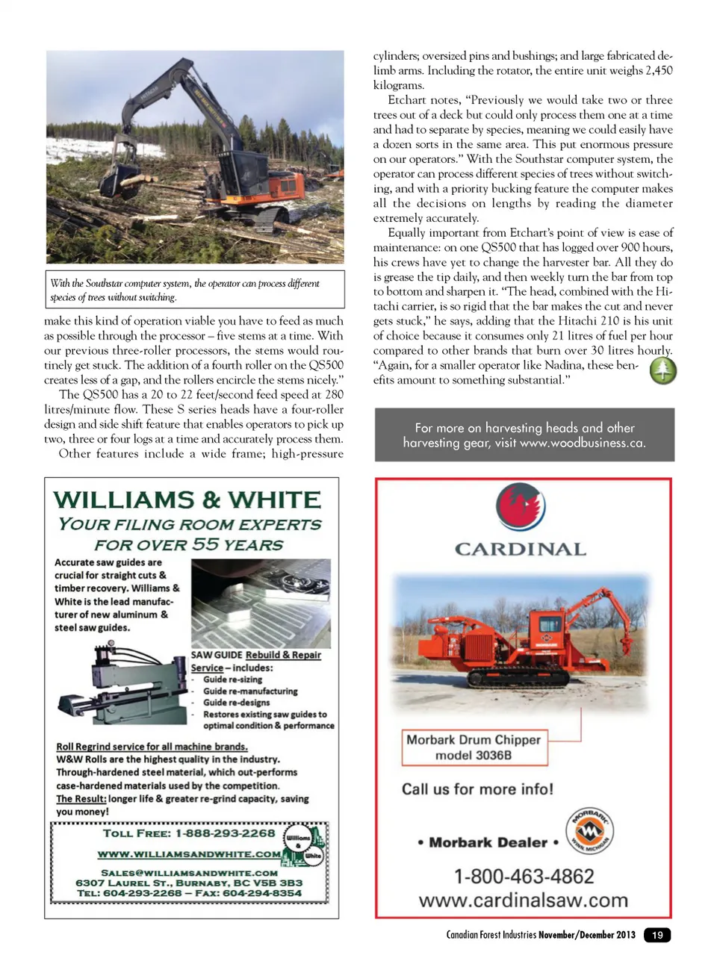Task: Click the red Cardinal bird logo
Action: [x=521, y=507]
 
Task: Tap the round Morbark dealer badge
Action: [x=589, y=831]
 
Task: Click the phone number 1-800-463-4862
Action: [x=524, y=876]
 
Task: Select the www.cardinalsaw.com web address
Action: [x=523, y=901]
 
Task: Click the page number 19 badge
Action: [x=657, y=935]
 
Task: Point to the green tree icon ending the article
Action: [x=662, y=371]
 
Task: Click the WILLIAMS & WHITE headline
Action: [x=187, y=500]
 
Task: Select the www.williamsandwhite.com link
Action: [x=190, y=854]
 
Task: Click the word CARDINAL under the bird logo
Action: [x=521, y=550]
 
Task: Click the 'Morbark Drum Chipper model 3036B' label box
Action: [x=474, y=747]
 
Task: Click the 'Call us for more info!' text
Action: [x=477, y=789]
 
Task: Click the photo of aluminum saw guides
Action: [x=261, y=603]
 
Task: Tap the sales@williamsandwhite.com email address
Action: [x=189, y=872]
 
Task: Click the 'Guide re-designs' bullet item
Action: [x=236, y=703]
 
